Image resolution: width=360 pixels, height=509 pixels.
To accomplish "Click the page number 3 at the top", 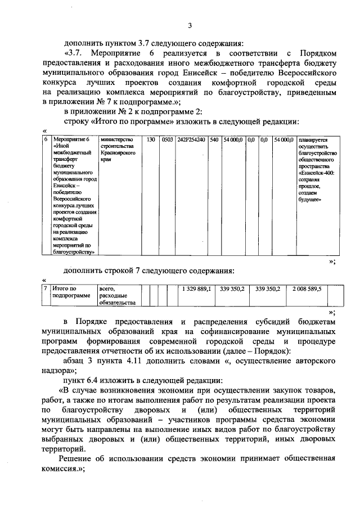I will [190, 25].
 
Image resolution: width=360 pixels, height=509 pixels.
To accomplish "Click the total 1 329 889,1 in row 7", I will [196, 289].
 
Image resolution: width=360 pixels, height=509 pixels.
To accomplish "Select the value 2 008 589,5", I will [307, 289].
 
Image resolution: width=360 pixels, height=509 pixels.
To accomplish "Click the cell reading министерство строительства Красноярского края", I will [116, 150].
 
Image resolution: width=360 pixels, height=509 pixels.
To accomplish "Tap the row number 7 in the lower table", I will [46, 289].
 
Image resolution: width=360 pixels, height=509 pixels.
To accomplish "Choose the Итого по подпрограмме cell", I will [71, 291].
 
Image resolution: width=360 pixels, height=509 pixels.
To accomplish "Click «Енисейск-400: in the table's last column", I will [317, 174].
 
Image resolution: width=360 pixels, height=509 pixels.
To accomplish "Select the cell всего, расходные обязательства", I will [117, 296].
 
